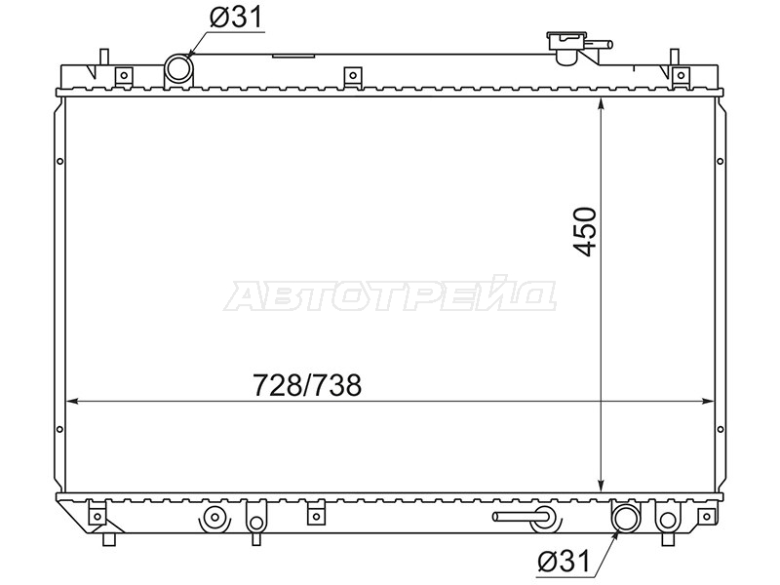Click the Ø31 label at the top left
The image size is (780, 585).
click(235, 19)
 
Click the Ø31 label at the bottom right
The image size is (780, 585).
click(564, 562)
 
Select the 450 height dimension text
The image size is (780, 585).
click(584, 232)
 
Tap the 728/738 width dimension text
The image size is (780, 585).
click(307, 385)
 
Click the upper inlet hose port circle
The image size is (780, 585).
click(178, 68)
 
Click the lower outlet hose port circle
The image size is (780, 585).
click(625, 518)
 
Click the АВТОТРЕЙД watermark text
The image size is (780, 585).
click(390, 296)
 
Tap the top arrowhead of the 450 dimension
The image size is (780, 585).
click(602, 103)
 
